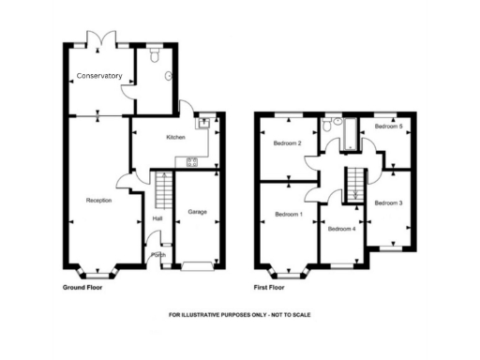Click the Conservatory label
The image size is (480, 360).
[x=99, y=75]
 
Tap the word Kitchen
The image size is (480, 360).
[x=175, y=138]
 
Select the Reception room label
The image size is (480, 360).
[x=99, y=201]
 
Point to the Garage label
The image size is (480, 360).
[x=197, y=212]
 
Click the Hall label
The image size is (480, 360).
[x=157, y=219]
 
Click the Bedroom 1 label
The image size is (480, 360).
[x=289, y=214]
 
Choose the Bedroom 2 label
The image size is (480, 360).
[x=287, y=143]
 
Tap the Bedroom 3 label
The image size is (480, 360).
[x=388, y=202]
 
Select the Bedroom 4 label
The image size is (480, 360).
[x=341, y=228]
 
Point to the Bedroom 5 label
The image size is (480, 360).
[x=388, y=125]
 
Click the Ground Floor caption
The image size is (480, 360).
[x=82, y=287]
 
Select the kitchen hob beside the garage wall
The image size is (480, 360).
[x=192, y=161]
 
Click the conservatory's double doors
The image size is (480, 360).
[x=98, y=40]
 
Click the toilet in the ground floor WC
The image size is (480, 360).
[x=167, y=77]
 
